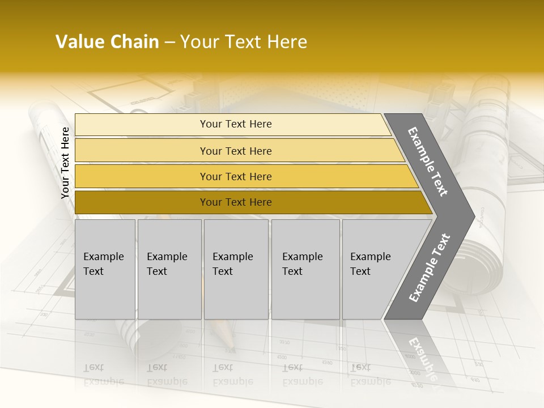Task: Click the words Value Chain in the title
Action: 107,42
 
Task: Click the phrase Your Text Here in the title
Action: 244,42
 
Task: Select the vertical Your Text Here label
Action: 66,163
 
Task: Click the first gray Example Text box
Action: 105,269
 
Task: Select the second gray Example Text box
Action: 169,269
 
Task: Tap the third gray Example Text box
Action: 236,269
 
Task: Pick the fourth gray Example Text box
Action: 305,269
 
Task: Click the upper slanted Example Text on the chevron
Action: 428,161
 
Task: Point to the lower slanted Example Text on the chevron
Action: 429,267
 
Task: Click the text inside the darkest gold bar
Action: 236,202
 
